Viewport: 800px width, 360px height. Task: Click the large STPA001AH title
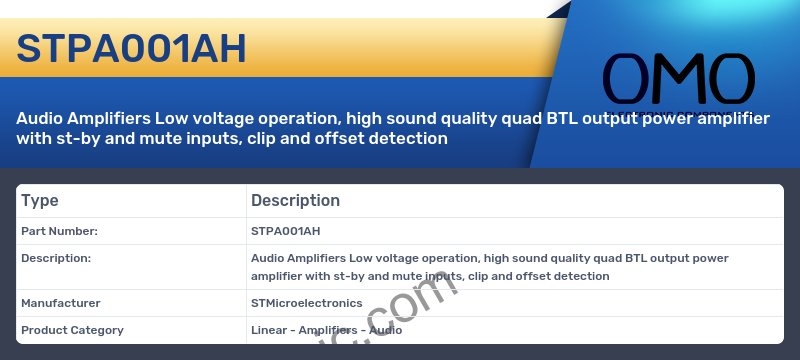pos(131,48)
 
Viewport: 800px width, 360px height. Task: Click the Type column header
pos(40,201)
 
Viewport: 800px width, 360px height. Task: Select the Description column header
pos(295,201)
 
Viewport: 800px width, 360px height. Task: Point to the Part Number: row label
pos(59,231)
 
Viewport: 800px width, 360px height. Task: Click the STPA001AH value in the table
pos(285,231)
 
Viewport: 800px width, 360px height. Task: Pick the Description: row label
pos(56,258)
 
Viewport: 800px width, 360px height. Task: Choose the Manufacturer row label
pos(61,303)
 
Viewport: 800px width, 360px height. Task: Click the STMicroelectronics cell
pos(306,303)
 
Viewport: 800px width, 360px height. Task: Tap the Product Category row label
pos(72,330)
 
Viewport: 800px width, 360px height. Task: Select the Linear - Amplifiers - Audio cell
pos(326,330)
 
